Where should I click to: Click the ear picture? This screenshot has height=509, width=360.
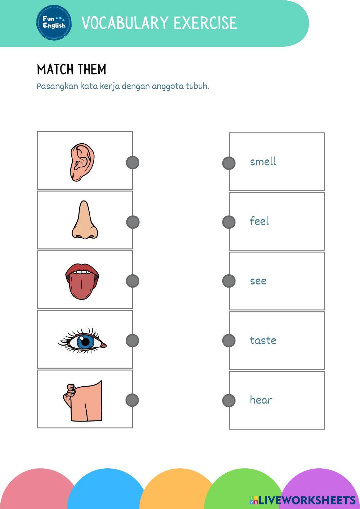point(82,162)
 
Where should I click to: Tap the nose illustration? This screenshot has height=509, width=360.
point(84,221)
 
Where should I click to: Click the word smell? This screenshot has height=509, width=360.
point(263,162)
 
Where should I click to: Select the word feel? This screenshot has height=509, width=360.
point(259,221)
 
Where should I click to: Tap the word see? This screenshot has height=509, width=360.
point(258,281)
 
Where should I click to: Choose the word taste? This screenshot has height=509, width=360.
point(263,340)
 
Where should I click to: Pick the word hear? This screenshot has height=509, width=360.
point(261,400)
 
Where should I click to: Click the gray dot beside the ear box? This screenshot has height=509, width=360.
point(132,162)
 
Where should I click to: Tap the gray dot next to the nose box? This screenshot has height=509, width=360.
point(132,222)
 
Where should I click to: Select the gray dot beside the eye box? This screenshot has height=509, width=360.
point(132,341)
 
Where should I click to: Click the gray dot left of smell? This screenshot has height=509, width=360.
point(229,163)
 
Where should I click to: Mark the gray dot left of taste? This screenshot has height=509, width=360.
point(229,341)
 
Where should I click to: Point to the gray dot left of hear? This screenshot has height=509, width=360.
point(229,400)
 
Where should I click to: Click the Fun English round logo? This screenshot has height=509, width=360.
point(54,22)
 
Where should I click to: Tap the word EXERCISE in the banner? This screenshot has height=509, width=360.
point(205,23)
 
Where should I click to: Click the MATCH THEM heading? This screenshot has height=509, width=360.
point(72,69)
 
